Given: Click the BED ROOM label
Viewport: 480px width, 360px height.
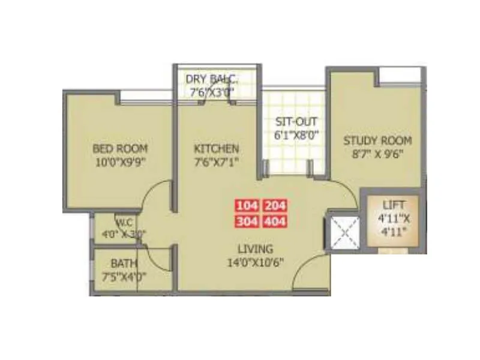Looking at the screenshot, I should click(x=119, y=148).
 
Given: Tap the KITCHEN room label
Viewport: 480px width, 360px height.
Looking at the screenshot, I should click(x=217, y=148).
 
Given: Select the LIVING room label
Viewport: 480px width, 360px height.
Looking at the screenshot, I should click(x=254, y=248).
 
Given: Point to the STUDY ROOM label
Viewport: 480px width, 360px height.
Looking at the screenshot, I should click(x=377, y=141).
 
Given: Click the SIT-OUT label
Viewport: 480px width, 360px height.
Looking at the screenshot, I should click(x=292, y=121).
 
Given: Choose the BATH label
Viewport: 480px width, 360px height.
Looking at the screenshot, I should click(x=124, y=263).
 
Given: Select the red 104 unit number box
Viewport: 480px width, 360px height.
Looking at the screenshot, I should click(x=247, y=206).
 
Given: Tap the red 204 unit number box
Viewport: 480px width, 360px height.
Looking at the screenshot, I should click(x=275, y=206).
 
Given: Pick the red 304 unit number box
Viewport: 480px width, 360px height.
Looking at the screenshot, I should click(x=247, y=221).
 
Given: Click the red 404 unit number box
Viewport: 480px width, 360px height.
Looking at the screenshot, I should click(x=275, y=221).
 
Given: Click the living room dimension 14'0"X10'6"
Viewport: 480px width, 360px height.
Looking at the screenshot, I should click(x=255, y=262).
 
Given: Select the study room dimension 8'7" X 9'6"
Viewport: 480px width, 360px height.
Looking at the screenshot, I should click(x=378, y=154).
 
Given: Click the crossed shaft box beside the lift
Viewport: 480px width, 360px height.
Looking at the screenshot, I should click(x=343, y=231).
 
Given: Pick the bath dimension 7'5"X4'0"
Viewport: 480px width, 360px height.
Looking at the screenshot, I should click(x=125, y=277).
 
